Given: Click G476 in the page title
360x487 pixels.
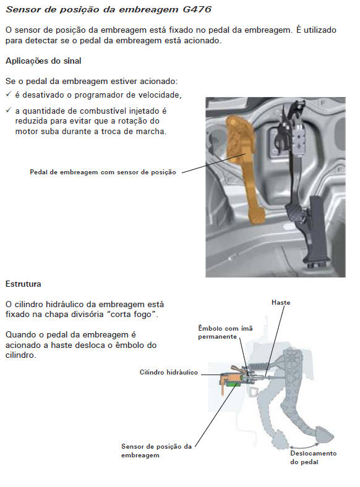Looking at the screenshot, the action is (197, 9).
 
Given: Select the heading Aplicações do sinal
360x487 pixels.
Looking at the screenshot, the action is (43, 61).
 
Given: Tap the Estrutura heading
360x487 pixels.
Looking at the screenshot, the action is (24, 284).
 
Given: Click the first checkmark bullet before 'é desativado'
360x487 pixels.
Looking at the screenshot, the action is (9, 94).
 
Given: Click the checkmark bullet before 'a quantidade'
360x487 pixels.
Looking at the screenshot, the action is (9, 110).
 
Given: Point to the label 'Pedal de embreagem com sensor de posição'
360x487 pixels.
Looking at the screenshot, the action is (103, 172).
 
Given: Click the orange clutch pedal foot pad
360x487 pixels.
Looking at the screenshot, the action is (257, 216).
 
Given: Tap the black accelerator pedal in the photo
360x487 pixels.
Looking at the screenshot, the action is (317, 229).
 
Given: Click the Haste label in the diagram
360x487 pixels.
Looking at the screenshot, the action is (281, 302).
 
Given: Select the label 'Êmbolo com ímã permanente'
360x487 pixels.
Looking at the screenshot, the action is (225, 332).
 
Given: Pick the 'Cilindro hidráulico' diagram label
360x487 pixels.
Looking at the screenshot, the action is (168, 373).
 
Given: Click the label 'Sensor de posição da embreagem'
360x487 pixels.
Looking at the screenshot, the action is (156, 451).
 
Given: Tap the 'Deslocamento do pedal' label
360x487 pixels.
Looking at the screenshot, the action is (314, 457).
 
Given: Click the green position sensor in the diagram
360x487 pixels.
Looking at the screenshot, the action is (232, 384).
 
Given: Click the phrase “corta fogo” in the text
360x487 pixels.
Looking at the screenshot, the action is (132, 315).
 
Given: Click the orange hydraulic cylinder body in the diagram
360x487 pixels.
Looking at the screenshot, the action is (231, 378).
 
